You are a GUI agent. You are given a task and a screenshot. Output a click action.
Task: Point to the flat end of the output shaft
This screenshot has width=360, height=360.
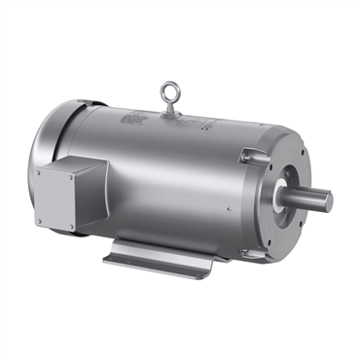329,201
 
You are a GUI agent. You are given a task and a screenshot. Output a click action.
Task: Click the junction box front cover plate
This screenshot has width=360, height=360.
56,197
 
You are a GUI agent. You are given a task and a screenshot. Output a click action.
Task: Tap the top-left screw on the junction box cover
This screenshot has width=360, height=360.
39,172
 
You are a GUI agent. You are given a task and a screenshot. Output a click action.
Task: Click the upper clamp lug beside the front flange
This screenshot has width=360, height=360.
254,153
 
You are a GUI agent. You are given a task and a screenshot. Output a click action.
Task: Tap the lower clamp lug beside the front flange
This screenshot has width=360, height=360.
250,254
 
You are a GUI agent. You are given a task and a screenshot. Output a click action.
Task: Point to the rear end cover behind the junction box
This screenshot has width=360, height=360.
49,136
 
